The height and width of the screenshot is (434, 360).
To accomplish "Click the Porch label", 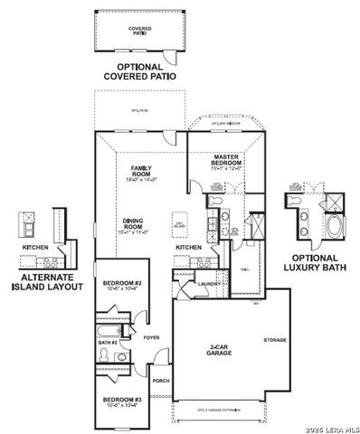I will coord(161,381).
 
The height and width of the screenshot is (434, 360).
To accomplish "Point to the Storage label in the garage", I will coord(274,340).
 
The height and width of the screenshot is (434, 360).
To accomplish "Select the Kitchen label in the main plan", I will coord(187,247).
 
